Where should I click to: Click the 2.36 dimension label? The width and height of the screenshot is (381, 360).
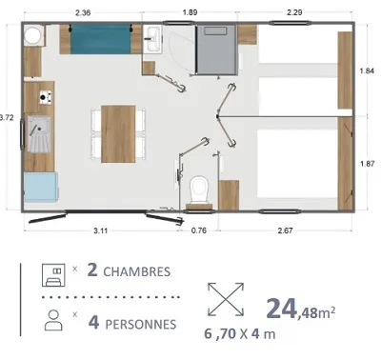point(83,13)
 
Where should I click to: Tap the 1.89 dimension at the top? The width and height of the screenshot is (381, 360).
point(191,13)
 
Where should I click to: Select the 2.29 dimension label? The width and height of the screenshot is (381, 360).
point(297,13)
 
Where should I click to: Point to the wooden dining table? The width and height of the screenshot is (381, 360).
point(120,132)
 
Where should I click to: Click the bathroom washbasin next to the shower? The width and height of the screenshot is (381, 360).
point(154,41)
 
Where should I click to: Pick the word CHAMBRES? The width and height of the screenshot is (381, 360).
point(137,271)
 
